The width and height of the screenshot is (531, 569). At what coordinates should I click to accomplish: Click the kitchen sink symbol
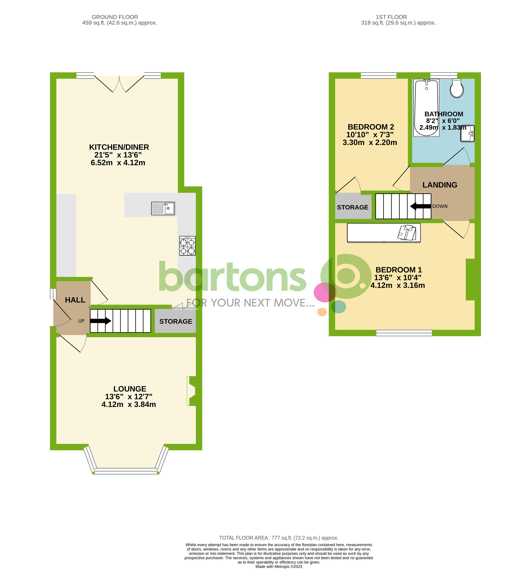pos(163,208)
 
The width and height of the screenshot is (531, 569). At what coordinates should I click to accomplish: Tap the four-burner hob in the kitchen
pos(188,246)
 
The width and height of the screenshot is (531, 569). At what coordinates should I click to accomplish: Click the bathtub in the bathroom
pos(426,108)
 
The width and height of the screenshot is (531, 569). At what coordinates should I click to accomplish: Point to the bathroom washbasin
pos(467,133)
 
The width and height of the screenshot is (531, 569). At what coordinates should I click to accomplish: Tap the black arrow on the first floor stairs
pos(420,206)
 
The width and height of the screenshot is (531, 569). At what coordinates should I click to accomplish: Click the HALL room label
pos(75,300)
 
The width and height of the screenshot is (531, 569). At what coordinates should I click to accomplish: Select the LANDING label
pos(440,185)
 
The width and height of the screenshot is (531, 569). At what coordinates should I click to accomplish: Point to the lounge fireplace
pos(191,391)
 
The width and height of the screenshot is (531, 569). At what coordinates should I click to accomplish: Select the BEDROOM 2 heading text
pos(371,127)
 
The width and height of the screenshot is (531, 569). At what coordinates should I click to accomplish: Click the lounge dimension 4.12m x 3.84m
pos(129,404)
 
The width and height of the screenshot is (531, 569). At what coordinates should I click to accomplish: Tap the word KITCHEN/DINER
pos(119,147)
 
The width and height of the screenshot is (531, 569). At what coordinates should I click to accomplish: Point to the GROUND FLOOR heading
pos(115,17)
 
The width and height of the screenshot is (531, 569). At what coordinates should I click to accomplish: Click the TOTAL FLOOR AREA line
pos(278,538)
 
